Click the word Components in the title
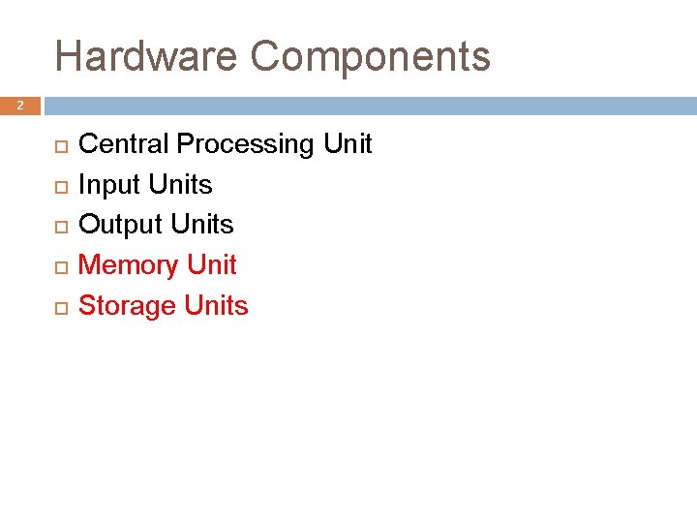pos(371,58)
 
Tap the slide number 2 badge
pos(19,106)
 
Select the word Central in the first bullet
pos(124,144)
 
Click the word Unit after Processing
pos(348,144)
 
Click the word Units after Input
pos(180,185)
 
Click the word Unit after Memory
pos(212,265)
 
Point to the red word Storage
pos(127,307)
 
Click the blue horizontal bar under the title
pos(368,106)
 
